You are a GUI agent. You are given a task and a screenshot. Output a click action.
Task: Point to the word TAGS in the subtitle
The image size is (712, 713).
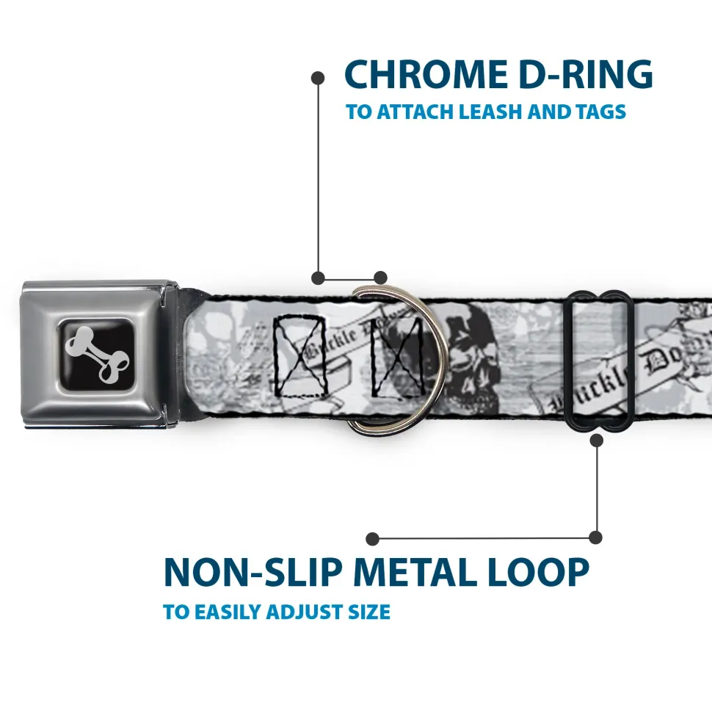click(x=600, y=112)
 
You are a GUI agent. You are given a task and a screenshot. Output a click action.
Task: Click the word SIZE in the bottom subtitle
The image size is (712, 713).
click(x=368, y=612)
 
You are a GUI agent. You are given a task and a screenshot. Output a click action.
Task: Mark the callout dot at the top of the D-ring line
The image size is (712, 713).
click(x=318, y=76)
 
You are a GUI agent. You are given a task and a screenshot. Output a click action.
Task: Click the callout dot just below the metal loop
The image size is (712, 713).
click(x=596, y=441)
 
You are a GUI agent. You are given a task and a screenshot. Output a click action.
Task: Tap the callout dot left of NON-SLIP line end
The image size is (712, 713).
click(x=373, y=539)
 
